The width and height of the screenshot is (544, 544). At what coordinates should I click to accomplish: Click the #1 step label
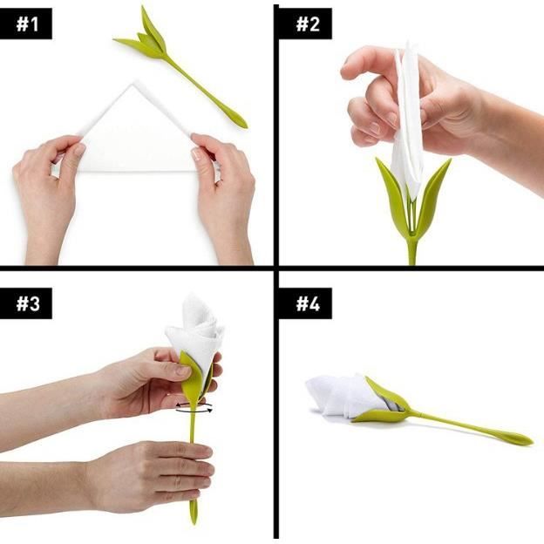tap(27, 24)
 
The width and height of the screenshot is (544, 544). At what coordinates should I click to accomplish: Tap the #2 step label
tap(308, 24)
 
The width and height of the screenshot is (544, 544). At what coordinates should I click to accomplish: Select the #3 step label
tap(28, 304)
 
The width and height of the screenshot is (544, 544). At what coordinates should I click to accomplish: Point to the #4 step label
tap(308, 304)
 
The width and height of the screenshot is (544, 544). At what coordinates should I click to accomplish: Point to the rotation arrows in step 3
tap(194, 408)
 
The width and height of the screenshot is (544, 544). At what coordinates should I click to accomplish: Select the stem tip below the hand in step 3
tap(194, 512)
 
